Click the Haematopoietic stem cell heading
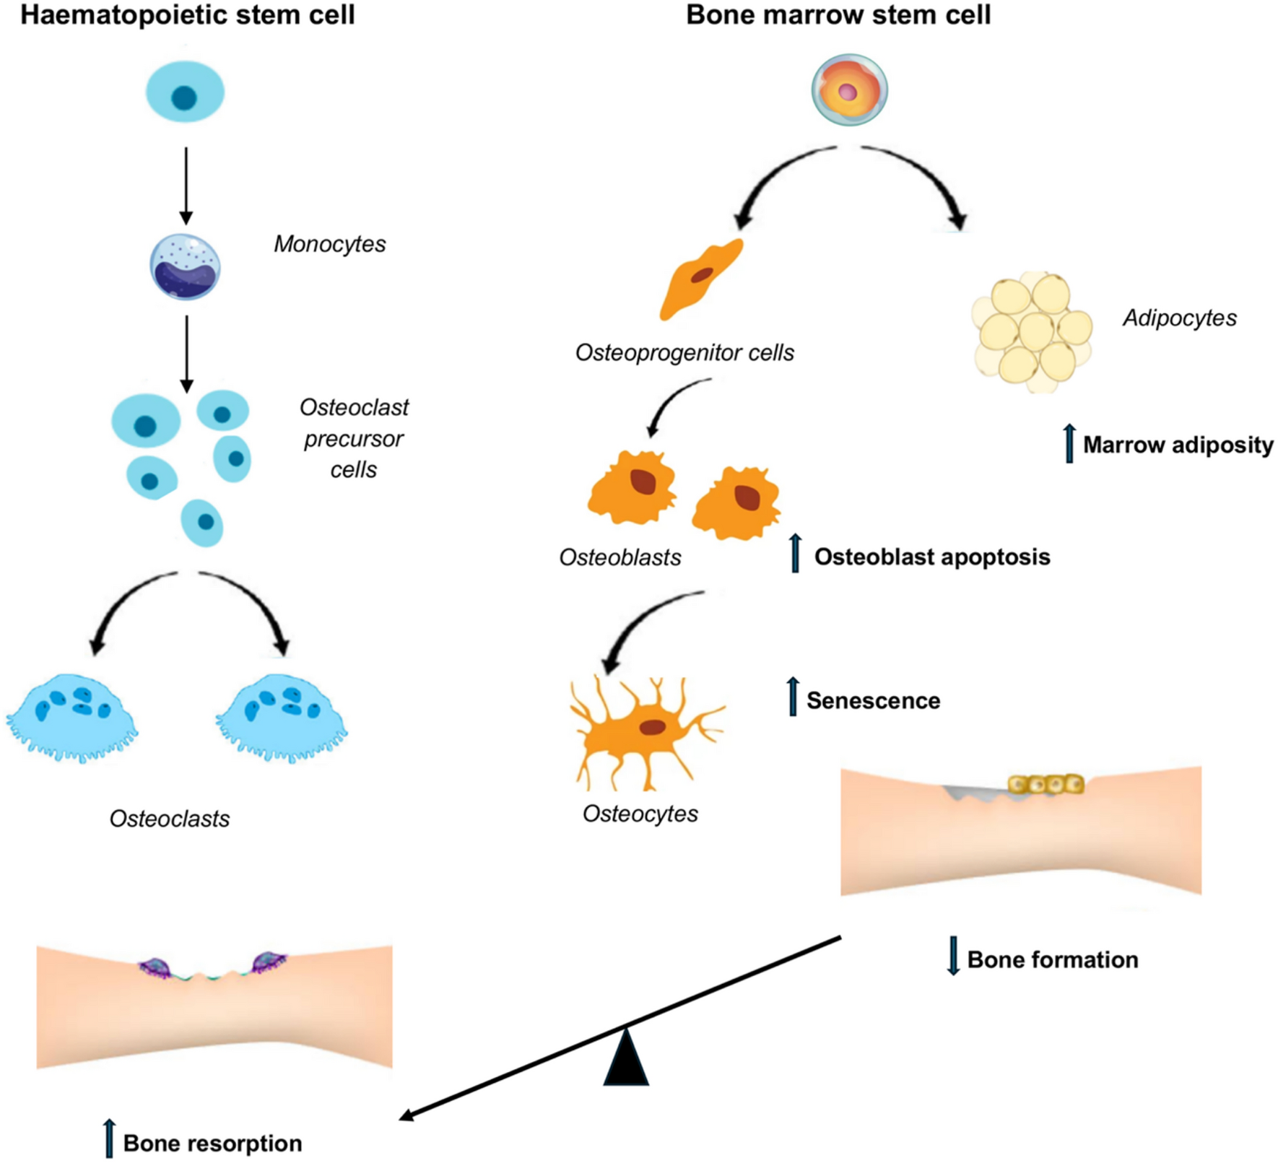(187, 15)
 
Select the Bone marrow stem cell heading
(838, 15)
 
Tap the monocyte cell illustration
(186, 267)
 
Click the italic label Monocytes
(329, 244)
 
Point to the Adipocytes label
(1179, 318)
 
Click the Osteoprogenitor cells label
(684, 353)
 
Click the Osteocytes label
(640, 814)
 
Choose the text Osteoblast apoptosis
(931, 557)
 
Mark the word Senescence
(873, 701)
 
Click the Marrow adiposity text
(1178, 445)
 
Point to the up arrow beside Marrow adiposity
(1069, 443)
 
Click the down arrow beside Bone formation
(953, 956)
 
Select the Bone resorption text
(212, 1144)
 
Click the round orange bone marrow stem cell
(849, 90)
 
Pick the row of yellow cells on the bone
(1046, 784)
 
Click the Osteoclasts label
(170, 819)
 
